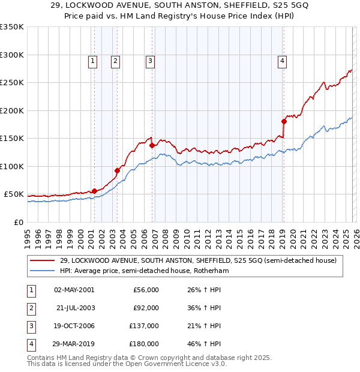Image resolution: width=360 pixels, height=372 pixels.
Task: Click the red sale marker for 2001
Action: pos(94,191)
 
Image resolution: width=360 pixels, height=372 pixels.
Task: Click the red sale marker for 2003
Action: pos(118,170)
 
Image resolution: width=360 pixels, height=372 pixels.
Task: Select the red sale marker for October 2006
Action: pos(152,145)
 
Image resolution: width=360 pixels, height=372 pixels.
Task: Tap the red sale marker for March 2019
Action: pos(284,121)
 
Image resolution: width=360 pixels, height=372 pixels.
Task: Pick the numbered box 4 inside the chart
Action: pos(281,60)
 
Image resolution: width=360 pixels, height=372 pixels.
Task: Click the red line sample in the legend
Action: pos(43,261)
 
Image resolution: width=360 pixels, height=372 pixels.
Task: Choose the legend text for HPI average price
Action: pos(145,271)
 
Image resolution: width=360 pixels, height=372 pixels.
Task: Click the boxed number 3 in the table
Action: pos(30,326)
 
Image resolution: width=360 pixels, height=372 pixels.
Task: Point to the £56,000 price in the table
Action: pos(146,290)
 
